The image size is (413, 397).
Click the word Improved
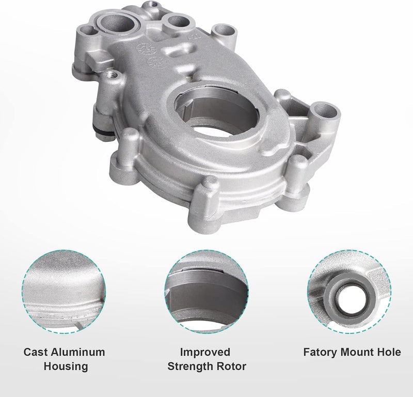point(205,353)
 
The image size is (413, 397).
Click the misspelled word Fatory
point(320,353)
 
